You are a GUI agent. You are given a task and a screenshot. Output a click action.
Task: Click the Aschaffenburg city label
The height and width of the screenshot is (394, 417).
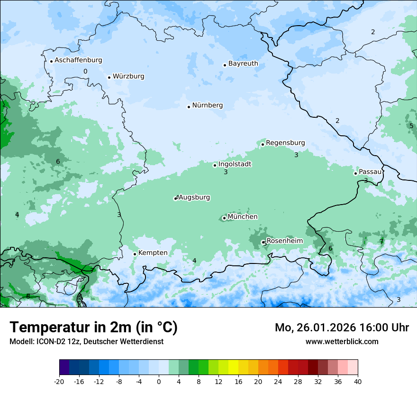pos(78,60)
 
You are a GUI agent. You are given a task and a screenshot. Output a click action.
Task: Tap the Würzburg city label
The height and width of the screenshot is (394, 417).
pos(128,76)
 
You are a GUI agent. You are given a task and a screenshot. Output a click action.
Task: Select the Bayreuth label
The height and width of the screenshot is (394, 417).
pos(243,64)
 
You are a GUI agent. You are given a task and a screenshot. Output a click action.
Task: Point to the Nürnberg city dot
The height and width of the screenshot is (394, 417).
pos(189,107)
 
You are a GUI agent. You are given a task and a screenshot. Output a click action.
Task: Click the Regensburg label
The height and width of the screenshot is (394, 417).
pos(285,143)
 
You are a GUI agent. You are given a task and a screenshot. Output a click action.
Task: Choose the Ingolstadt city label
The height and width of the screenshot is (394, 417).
pos(235,164)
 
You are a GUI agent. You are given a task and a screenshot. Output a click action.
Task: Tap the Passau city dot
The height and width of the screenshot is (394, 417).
pos(355,173)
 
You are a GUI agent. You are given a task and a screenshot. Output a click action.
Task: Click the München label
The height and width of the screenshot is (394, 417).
pos(243,217)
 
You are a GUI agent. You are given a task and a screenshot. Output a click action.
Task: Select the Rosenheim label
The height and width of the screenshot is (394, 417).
pos(284,241)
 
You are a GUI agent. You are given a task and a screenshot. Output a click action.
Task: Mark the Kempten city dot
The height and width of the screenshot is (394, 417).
pos(135,254)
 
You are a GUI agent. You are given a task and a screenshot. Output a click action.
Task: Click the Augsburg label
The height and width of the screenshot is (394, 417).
pos(194,197)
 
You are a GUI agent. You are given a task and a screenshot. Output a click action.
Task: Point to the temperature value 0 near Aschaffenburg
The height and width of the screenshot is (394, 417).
pos(85,72)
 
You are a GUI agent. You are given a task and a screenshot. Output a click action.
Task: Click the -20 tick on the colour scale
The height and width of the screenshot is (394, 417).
pos(59,381)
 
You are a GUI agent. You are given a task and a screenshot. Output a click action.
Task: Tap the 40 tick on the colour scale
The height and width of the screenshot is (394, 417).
pos(358,381)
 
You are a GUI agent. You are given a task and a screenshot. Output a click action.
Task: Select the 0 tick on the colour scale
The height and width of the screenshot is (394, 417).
pos(159,381)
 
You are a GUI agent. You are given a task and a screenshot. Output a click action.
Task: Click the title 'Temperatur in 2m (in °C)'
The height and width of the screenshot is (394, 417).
pos(93,328)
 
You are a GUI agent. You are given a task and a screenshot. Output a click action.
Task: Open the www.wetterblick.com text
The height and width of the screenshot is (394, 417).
pos(342,342)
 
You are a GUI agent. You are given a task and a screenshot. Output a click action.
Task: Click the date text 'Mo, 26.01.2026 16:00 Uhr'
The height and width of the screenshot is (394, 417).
pos(342,328)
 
